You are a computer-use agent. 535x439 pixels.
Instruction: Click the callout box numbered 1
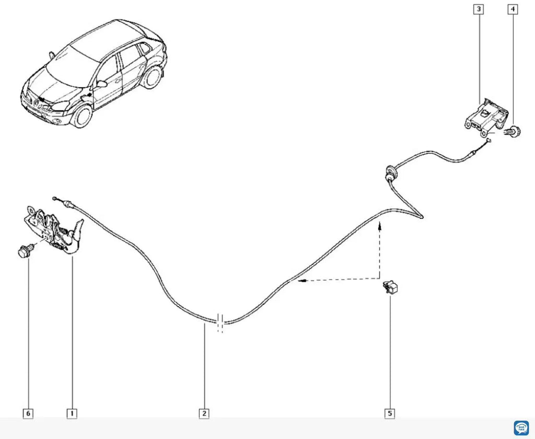coord(72,414)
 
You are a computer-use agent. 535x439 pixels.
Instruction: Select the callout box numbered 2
coord(204,414)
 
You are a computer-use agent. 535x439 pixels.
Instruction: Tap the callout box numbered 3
coord(479,9)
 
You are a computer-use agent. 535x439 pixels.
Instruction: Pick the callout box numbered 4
coord(513,9)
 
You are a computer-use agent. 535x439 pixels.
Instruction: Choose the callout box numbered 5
coord(390,414)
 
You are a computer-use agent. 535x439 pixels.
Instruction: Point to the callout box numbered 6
coord(28,414)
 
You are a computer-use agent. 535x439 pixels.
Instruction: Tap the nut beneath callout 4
coord(513,131)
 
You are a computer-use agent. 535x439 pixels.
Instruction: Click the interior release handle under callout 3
coord(486,117)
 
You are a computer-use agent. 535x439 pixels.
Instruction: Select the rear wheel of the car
coord(152,77)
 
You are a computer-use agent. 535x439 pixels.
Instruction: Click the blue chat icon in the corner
coord(521,428)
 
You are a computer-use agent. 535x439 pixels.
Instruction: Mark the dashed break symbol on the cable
coord(220,321)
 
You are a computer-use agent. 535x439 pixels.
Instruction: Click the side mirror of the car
coord(102,84)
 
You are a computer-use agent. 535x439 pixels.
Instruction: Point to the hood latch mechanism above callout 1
coord(54,229)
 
